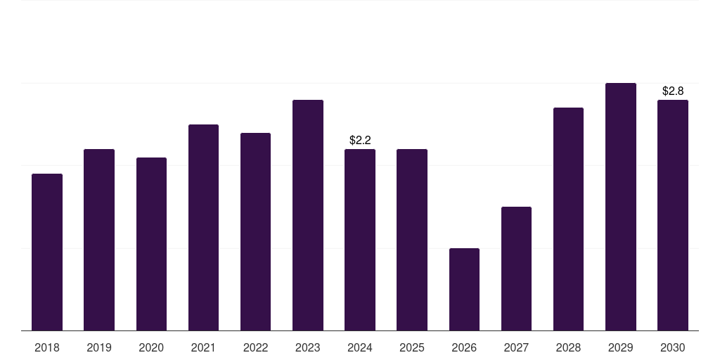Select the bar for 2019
click(x=99, y=240)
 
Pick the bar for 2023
click(x=308, y=215)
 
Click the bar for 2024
click(x=360, y=240)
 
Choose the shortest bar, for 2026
click(x=464, y=289)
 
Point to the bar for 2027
click(x=516, y=269)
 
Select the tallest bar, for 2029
click(x=621, y=207)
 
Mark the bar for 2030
click(x=673, y=215)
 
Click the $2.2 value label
click(x=360, y=141)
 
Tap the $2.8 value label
click(x=673, y=91)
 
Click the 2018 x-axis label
click(x=47, y=348)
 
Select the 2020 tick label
click(x=151, y=348)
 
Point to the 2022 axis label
click(x=255, y=348)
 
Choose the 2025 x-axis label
click(x=412, y=348)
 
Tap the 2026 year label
click(x=464, y=348)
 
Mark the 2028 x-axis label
click(x=568, y=348)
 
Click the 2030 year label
click(x=673, y=348)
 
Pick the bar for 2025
click(x=412, y=240)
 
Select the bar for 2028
click(x=568, y=219)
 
